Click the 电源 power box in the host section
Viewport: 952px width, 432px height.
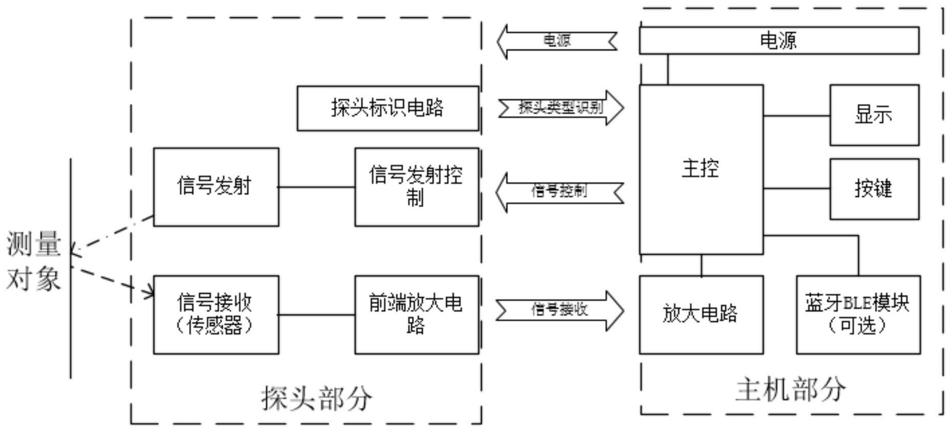pos(778,40)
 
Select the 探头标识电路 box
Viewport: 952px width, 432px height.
pos(387,108)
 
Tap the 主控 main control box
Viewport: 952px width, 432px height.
pos(700,169)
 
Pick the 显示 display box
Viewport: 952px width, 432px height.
pos(874,115)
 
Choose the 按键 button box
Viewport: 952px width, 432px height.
pos(874,189)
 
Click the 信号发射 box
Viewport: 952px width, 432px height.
pos(216,187)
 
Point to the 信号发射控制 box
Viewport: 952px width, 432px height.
pos(416,187)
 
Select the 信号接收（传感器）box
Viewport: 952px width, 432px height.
pos(216,314)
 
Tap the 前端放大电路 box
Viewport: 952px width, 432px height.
pos(416,314)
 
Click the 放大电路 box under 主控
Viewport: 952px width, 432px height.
pos(700,314)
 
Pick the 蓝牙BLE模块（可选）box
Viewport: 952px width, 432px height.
pos(858,314)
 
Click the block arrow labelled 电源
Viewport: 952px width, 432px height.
pos(557,41)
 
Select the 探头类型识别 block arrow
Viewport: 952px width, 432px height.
pos(561,108)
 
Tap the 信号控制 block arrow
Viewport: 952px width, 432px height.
pos(559,192)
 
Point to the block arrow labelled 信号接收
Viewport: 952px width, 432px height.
pos(560,310)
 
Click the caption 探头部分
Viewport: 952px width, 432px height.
pos(317,398)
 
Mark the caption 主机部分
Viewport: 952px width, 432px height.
pos(791,390)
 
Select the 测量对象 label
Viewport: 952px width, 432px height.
pos(34,261)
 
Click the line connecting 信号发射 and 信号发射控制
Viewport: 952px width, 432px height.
pos(317,187)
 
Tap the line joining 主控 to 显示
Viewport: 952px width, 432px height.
pos(796,116)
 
